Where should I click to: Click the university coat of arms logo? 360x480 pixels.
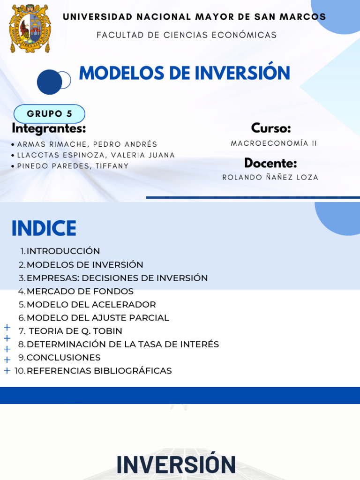(30, 29)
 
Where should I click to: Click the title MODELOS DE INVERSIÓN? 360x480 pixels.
(185, 73)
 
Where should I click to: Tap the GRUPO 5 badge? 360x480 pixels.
(49, 114)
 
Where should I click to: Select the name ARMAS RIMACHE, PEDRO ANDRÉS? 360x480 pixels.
(87, 144)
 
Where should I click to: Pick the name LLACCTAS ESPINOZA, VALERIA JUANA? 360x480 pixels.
(96, 155)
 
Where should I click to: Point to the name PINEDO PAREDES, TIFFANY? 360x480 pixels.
(73, 166)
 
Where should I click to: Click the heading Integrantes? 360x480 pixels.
(49, 128)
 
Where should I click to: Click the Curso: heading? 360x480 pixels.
(271, 128)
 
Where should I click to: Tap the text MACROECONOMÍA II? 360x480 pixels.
(274, 143)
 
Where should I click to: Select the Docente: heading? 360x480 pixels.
(270, 163)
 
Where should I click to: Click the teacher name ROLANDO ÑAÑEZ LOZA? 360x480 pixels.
(270, 178)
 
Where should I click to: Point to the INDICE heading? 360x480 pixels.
(44, 228)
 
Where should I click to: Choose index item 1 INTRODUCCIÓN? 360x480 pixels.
(63, 251)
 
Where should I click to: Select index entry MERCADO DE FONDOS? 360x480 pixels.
(80, 291)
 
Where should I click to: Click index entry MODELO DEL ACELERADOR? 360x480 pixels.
(91, 305)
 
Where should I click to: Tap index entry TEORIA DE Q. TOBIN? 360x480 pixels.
(75, 331)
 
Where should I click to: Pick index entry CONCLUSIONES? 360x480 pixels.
(63, 358)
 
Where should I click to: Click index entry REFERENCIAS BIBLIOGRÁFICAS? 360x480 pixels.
(99, 371)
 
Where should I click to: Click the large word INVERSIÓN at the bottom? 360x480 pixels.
(176, 465)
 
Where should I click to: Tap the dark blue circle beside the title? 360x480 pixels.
(49, 82)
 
